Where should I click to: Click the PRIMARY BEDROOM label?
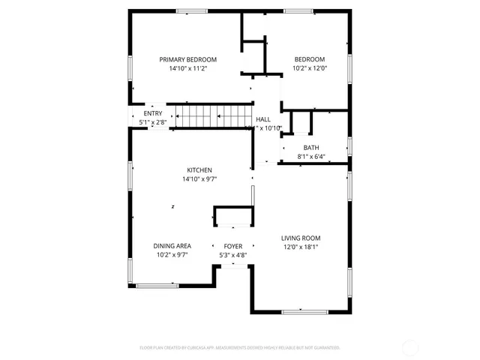187,59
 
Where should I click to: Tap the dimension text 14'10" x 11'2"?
187,68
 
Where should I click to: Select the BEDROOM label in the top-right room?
309,59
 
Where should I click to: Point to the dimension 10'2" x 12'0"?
309,68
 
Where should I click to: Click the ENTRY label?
152,113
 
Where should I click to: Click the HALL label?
263,119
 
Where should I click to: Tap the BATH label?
310,148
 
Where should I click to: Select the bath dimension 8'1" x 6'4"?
310,157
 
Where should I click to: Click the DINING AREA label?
172,246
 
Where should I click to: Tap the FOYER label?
232,246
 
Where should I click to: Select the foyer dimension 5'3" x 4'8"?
232,255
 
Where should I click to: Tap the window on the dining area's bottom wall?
157,285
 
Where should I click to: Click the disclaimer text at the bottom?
240,347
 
